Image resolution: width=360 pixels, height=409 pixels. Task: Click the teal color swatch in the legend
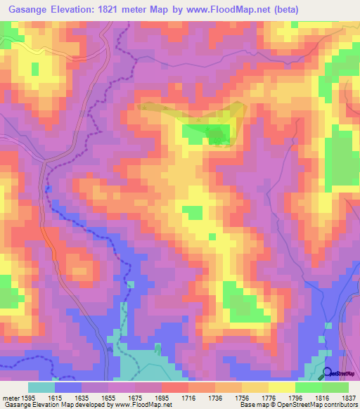pyautogui.click(x=41, y=387)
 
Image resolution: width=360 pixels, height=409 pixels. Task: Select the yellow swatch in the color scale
pyautogui.click(x=281, y=387)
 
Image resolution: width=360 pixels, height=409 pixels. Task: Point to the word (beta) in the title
pyautogui.click(x=285, y=10)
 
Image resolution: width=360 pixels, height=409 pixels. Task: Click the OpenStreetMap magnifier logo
pyautogui.click(x=328, y=373)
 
